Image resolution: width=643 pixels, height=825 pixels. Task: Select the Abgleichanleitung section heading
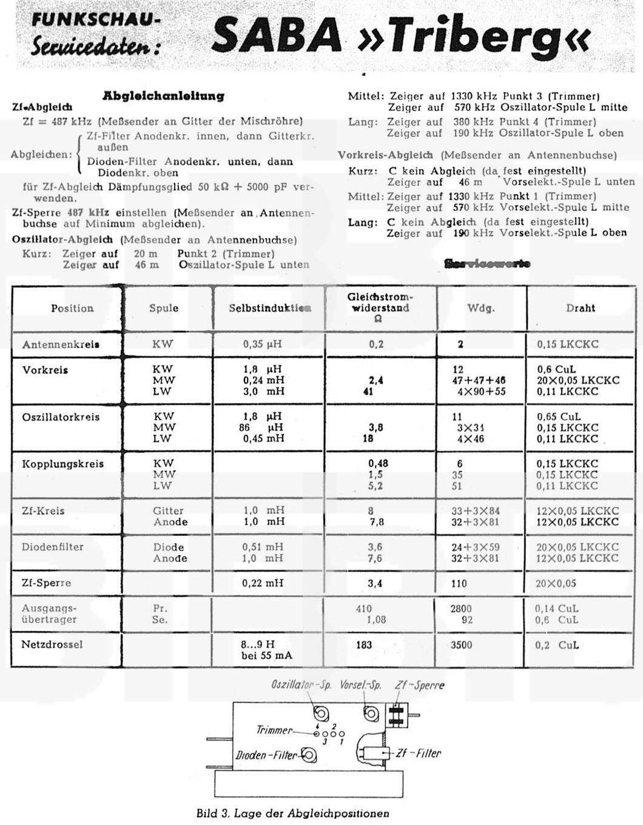click(x=163, y=95)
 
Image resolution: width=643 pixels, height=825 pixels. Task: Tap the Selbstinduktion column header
click(x=269, y=308)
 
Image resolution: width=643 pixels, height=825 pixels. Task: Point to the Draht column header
click(x=580, y=308)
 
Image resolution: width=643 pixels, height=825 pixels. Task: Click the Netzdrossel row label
click(x=52, y=644)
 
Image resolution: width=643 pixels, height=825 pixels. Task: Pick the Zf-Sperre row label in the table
click(x=46, y=583)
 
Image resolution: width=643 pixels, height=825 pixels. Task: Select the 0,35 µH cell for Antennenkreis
click(x=262, y=344)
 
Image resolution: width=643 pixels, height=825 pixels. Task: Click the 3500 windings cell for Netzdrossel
click(x=461, y=645)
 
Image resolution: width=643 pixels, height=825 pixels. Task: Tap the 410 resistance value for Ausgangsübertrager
click(x=364, y=609)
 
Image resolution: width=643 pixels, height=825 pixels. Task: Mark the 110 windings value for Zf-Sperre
click(x=459, y=584)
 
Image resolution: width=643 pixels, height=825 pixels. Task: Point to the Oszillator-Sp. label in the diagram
click(x=301, y=685)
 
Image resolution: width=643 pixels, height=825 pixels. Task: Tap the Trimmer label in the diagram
click(x=274, y=730)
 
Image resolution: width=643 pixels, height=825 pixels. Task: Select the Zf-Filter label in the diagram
click(x=419, y=753)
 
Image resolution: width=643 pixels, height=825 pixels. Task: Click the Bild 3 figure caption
click(x=292, y=813)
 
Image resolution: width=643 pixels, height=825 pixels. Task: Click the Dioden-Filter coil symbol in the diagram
click(x=309, y=755)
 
